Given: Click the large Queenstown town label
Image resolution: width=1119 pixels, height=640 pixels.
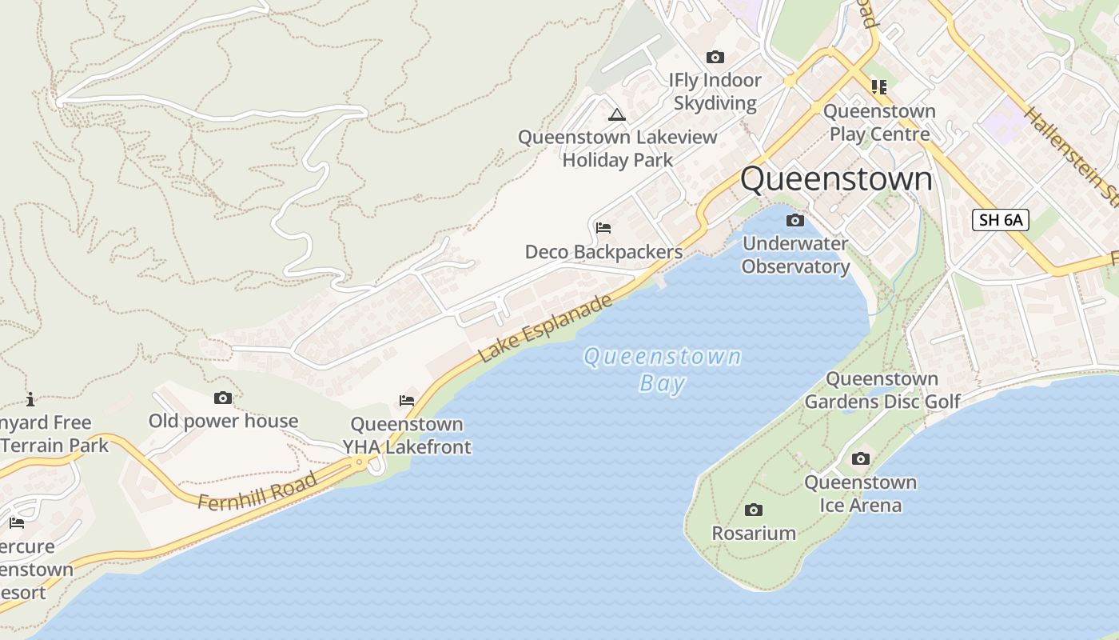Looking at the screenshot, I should [x=836, y=179].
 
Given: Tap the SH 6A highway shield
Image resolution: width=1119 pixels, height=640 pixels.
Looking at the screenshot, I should [x=1000, y=220].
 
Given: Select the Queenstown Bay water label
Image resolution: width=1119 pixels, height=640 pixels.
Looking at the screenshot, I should [x=663, y=370].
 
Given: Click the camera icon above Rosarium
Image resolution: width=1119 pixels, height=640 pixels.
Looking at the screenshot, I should [x=753, y=510].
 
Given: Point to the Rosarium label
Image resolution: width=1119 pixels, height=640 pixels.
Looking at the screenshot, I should [x=754, y=534].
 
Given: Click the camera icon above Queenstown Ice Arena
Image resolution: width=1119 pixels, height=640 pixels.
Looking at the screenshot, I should [x=860, y=459].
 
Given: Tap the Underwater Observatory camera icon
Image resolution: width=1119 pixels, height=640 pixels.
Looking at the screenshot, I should [x=794, y=221].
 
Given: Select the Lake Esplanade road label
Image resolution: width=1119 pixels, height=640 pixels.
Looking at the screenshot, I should [x=546, y=328].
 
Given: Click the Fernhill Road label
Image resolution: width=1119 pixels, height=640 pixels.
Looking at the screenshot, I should [x=257, y=492].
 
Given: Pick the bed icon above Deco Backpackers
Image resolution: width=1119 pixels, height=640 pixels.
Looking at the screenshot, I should [x=603, y=229].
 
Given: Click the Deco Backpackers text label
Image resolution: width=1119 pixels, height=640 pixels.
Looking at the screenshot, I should [x=603, y=252].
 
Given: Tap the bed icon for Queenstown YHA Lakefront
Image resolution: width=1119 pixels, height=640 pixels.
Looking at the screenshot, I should [x=407, y=401].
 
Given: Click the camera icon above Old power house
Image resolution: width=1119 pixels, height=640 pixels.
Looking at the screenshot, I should [x=223, y=398].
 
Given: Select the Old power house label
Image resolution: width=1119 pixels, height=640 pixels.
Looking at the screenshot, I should [x=223, y=422].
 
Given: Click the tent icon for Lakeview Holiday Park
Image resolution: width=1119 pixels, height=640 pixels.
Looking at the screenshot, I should [x=616, y=114].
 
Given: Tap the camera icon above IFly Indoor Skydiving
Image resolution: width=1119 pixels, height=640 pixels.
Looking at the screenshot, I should [x=715, y=58].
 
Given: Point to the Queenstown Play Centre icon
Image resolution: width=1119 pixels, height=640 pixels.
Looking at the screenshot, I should [x=879, y=86].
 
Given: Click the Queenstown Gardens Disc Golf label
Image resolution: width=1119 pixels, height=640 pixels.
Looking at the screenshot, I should [x=882, y=390].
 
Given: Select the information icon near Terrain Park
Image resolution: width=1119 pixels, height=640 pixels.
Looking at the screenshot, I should [x=30, y=399].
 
